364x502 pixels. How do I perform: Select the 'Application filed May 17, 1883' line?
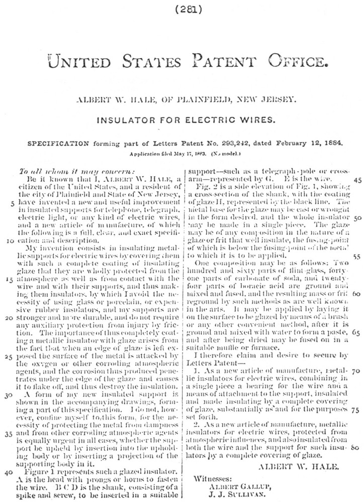coord(160,151)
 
